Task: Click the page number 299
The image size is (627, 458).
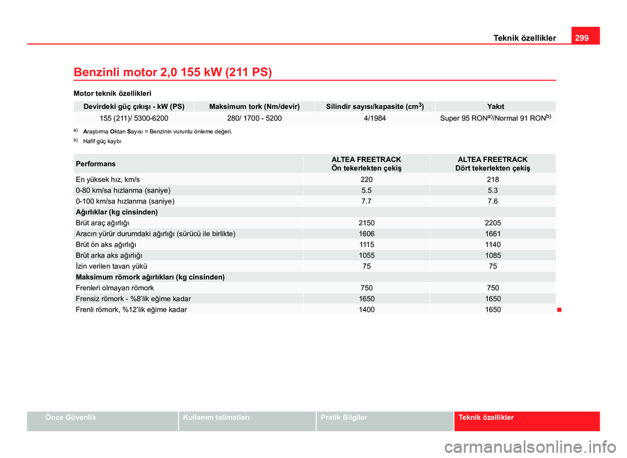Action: tap(582, 38)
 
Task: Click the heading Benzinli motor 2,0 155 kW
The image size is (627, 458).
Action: tap(173, 71)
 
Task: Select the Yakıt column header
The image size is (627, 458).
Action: tap(495, 106)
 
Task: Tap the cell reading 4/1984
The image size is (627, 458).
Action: tap(374, 119)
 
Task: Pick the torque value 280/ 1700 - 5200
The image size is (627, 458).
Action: tap(254, 119)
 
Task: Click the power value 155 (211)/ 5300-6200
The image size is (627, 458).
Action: tap(134, 119)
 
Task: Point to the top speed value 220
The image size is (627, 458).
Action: tap(366, 179)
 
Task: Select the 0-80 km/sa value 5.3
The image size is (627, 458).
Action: tap(492, 190)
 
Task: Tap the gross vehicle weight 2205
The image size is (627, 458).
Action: tap(492, 223)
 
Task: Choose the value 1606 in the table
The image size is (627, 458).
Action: tap(366, 233)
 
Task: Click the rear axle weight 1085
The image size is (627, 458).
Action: tap(492, 255)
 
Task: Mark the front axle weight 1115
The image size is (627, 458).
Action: tap(366, 244)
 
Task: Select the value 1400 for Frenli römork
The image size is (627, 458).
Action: tap(366, 310)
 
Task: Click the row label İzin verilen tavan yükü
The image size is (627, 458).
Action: tap(111, 267)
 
